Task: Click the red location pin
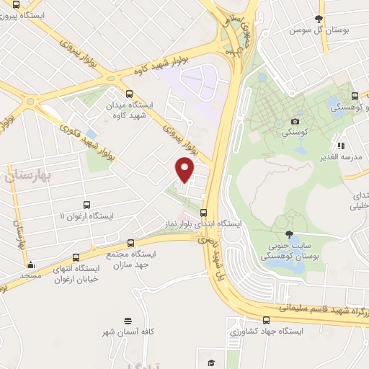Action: [185, 170]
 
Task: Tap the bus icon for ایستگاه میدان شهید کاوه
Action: [129, 94]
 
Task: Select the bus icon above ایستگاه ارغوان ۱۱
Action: [86, 205]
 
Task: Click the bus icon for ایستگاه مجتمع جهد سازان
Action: [130, 244]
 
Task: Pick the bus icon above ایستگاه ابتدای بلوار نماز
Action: [204, 213]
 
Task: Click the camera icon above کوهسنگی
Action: [294, 122]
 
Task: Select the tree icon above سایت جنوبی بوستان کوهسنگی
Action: [289, 234]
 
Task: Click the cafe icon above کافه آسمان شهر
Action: [128, 320]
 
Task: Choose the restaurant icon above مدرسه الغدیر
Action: [340, 146]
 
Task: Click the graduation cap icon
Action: [210, 363]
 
